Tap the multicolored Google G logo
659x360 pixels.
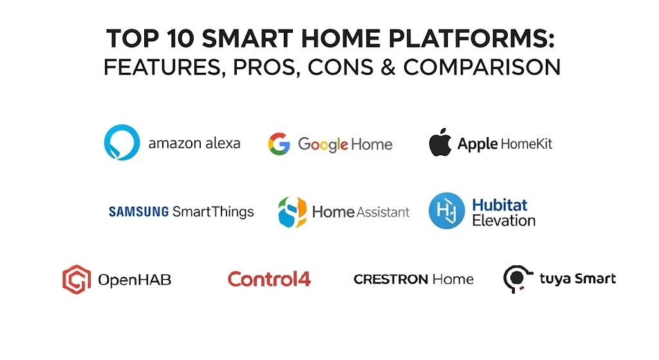coord(279,144)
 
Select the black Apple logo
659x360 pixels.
coord(440,142)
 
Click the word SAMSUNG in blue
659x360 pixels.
coord(139,211)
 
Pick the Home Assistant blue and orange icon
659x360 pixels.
coord(292,212)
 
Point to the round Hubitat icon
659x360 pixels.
coord(447,211)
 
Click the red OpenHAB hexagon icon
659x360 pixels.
coord(77,279)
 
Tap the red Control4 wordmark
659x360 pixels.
coord(269,279)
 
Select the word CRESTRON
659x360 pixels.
coord(391,279)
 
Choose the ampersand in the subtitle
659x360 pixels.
coord(388,67)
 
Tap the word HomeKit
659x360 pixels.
coord(526,144)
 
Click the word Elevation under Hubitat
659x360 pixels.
coord(504,220)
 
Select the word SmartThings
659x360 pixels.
coord(214,211)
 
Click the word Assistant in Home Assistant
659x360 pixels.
coord(383,212)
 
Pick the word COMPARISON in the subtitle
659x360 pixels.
coord(482,67)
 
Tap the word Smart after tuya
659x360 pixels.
coord(595,278)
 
